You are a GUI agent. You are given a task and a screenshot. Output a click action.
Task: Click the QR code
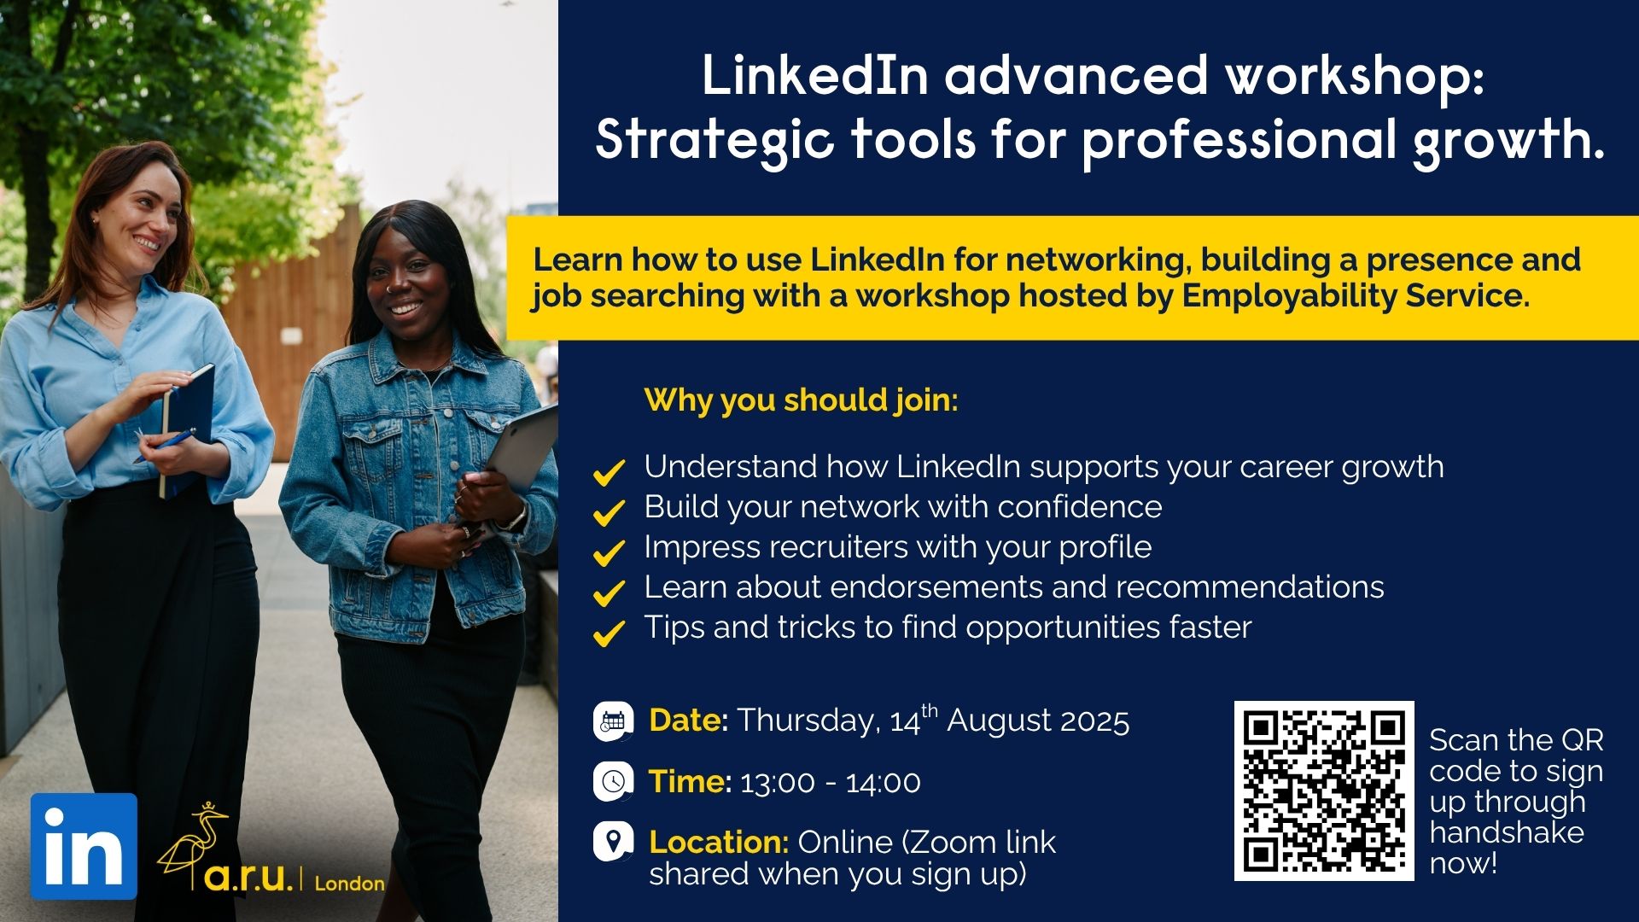pos(1324,791)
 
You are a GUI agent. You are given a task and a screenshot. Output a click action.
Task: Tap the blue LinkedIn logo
pos(84,846)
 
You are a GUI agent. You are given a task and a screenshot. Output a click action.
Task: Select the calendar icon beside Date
pos(613,721)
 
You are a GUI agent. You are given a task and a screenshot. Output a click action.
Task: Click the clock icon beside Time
pos(613,781)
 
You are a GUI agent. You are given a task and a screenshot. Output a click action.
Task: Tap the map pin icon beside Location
pos(613,842)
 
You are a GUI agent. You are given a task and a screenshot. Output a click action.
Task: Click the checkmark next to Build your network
pos(609,512)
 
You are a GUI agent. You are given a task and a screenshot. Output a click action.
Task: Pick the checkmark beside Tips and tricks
pos(609,633)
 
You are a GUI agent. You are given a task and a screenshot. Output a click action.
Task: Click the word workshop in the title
pos(1355,76)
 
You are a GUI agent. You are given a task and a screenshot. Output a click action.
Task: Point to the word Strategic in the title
pos(714,140)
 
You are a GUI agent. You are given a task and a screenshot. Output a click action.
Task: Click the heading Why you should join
pos(802,400)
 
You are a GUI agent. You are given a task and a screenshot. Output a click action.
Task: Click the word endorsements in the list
pos(936,587)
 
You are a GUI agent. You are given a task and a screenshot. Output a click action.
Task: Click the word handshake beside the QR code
pos(1507,832)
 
